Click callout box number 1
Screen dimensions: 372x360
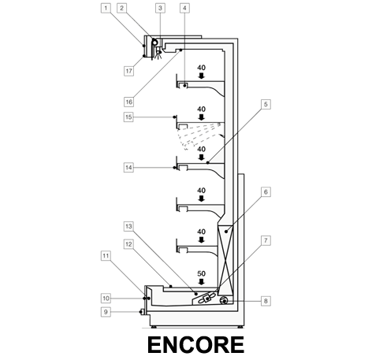click(106, 8)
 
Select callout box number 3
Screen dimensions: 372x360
click(160, 8)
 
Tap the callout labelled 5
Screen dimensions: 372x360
click(266, 104)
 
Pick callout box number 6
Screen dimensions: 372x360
click(266, 192)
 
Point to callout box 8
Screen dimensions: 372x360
click(266, 301)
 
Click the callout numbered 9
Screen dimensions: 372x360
click(106, 312)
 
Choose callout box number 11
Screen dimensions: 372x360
click(106, 256)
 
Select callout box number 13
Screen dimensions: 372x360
click(128, 226)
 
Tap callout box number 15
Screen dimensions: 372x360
click(128, 117)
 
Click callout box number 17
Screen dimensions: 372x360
click(128, 71)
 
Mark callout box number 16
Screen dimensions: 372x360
click(128, 102)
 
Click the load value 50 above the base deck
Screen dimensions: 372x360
click(202, 273)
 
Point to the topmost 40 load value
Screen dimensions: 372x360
click(202, 68)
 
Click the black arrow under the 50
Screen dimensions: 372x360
click(202, 282)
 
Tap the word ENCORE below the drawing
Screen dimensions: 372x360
click(196, 345)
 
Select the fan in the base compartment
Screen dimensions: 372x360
click(206, 299)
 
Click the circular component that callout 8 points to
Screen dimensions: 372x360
click(224, 300)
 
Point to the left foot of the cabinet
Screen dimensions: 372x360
click(154, 327)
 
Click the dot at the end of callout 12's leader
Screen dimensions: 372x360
click(170, 286)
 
